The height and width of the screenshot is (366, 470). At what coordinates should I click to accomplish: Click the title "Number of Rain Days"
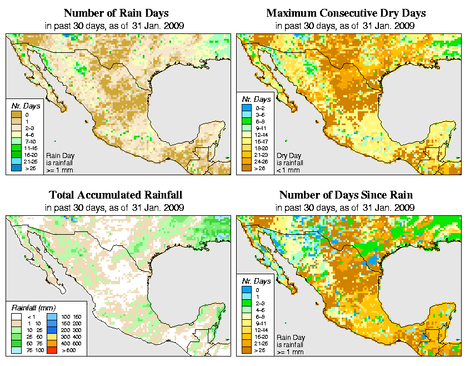(x=116, y=13)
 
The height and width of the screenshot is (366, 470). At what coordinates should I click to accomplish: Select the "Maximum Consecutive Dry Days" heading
(x=346, y=13)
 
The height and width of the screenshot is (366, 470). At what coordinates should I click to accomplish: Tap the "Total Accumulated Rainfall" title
(x=116, y=195)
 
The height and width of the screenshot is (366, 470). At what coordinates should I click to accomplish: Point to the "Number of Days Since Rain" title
(x=346, y=195)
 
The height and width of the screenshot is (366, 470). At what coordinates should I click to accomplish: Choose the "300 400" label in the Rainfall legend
(x=73, y=337)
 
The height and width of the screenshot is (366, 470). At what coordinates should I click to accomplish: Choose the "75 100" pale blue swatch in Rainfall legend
(x=17, y=351)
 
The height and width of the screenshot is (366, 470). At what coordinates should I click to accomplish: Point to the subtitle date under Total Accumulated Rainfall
(x=116, y=207)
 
